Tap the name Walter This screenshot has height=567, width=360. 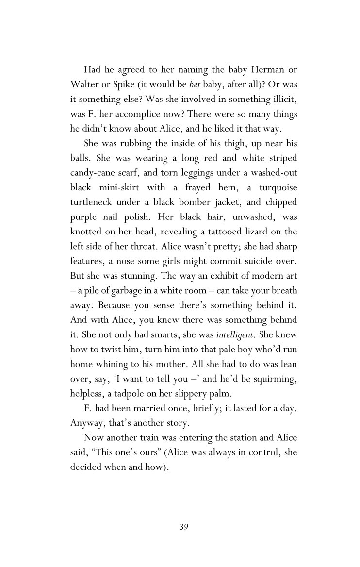click(87, 84)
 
